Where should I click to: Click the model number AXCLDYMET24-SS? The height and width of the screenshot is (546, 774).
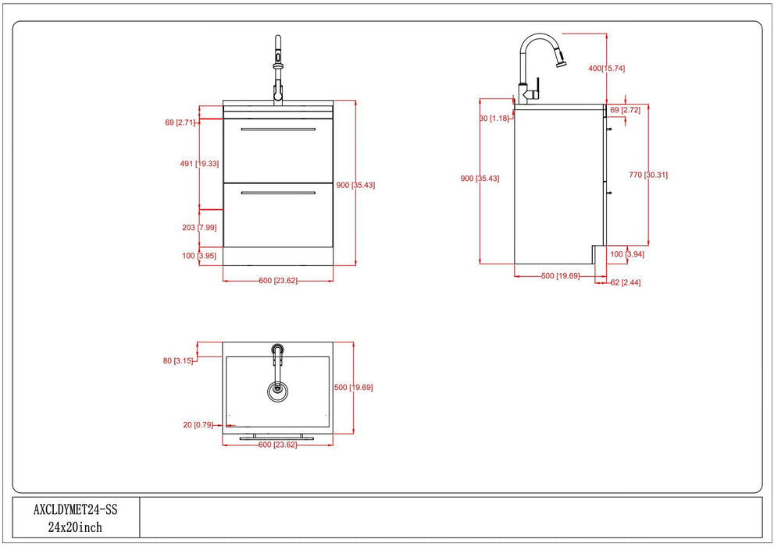(75, 510)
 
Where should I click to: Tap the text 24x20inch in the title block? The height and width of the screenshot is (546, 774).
(75, 527)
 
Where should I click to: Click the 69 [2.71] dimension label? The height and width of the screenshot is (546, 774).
(180, 122)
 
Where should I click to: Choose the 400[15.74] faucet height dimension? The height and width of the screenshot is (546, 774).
(606, 69)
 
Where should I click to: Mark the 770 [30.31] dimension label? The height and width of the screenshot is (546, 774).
(648, 175)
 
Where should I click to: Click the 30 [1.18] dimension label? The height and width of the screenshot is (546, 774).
(494, 119)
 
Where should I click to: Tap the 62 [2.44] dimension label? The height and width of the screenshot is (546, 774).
(626, 282)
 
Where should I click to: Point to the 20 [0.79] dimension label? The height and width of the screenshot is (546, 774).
(180, 424)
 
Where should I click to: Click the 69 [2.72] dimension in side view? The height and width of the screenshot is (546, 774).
(625, 111)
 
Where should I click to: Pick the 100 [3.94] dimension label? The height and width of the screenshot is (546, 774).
(627, 254)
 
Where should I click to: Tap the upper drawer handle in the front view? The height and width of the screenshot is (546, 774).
(277, 129)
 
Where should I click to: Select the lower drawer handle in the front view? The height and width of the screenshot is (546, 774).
(277, 192)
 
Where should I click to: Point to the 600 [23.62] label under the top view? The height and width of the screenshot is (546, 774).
(277, 445)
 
